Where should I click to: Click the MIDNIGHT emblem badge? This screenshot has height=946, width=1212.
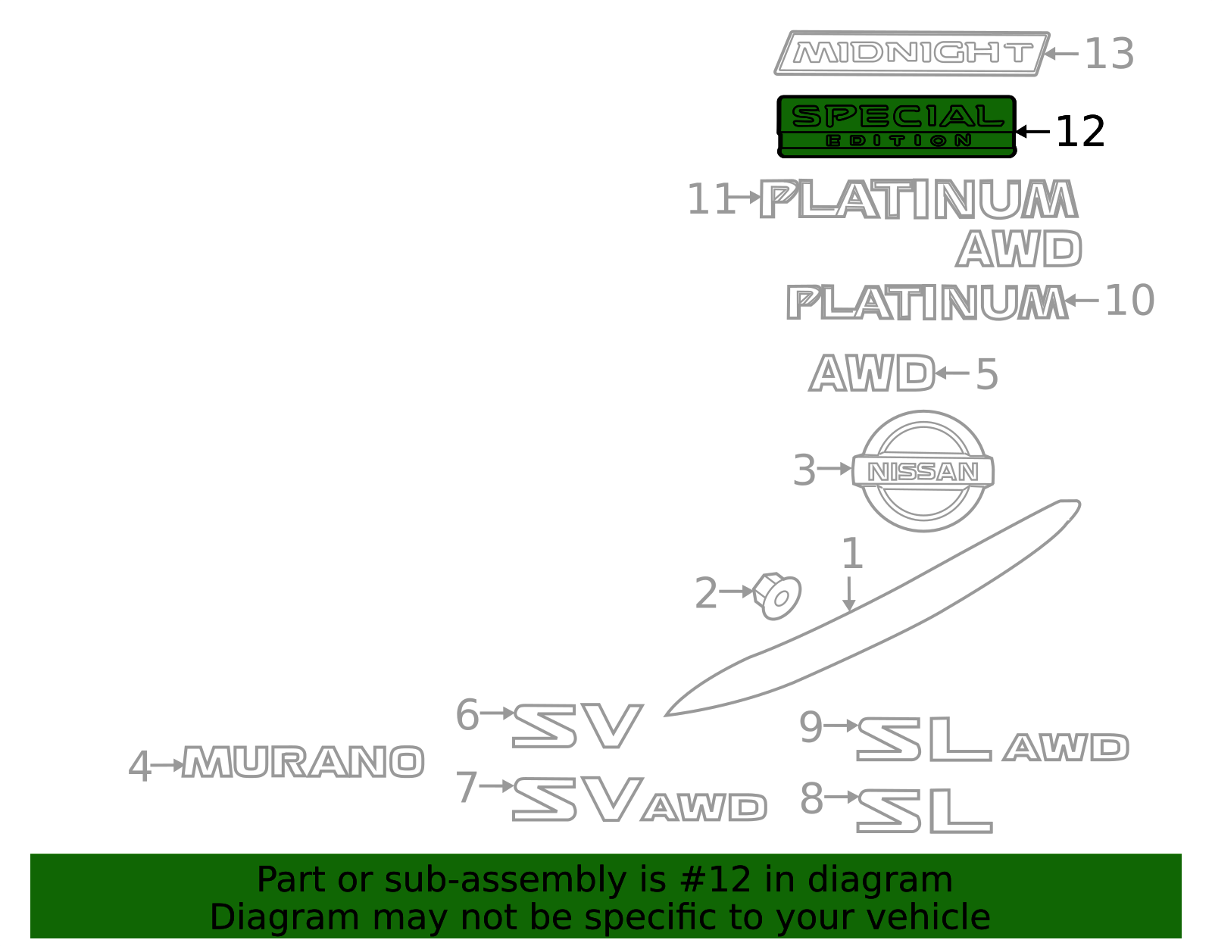(912, 53)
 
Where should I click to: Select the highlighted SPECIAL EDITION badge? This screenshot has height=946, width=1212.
(897, 126)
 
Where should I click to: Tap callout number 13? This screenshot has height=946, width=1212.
(1109, 54)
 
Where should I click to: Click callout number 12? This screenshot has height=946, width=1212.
(1080, 132)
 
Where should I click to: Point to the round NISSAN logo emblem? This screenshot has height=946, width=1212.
(923, 471)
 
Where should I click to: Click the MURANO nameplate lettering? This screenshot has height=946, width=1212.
(304, 761)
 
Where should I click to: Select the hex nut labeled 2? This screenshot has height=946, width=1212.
(777, 596)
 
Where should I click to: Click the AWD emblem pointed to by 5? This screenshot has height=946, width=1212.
(872, 373)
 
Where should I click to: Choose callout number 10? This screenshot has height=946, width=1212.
(1129, 301)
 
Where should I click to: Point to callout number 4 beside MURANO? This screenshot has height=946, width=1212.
(139, 766)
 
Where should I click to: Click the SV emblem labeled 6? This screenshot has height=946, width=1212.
(578, 726)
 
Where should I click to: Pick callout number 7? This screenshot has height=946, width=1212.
(467, 787)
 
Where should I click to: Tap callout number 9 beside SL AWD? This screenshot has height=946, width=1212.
(811, 726)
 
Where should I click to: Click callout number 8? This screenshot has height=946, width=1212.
(811, 798)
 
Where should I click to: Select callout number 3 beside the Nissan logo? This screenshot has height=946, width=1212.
(804, 470)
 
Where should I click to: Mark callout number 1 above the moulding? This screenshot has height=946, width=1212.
(851, 553)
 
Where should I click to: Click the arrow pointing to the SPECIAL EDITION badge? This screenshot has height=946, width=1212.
(1033, 132)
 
